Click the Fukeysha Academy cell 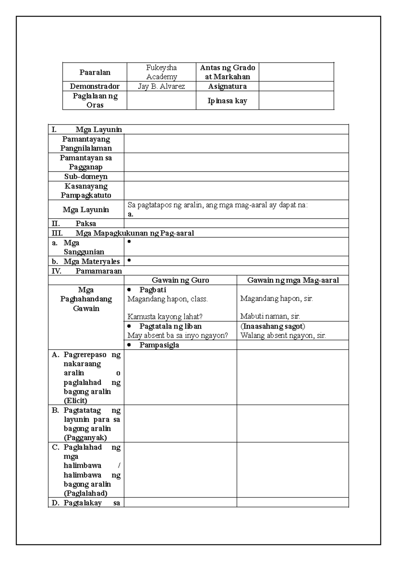coord(161,72)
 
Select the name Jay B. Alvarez coord(161,86)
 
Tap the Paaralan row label coord(95,72)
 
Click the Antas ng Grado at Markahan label coord(227,72)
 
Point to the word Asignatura coord(227,86)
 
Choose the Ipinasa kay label coord(227,101)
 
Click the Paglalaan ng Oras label coord(95,101)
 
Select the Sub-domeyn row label coord(86,176)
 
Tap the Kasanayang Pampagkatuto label coord(86,191)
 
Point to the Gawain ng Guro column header coord(180,280)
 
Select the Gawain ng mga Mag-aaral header coord(293,280)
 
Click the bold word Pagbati coord(153,290)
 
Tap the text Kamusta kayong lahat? coord(165,317)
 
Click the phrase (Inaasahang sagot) coord(273,326)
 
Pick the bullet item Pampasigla coord(159,345)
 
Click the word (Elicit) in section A coord(75,401)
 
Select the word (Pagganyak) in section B coord(85,438)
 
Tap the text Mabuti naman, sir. coord(270,316)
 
